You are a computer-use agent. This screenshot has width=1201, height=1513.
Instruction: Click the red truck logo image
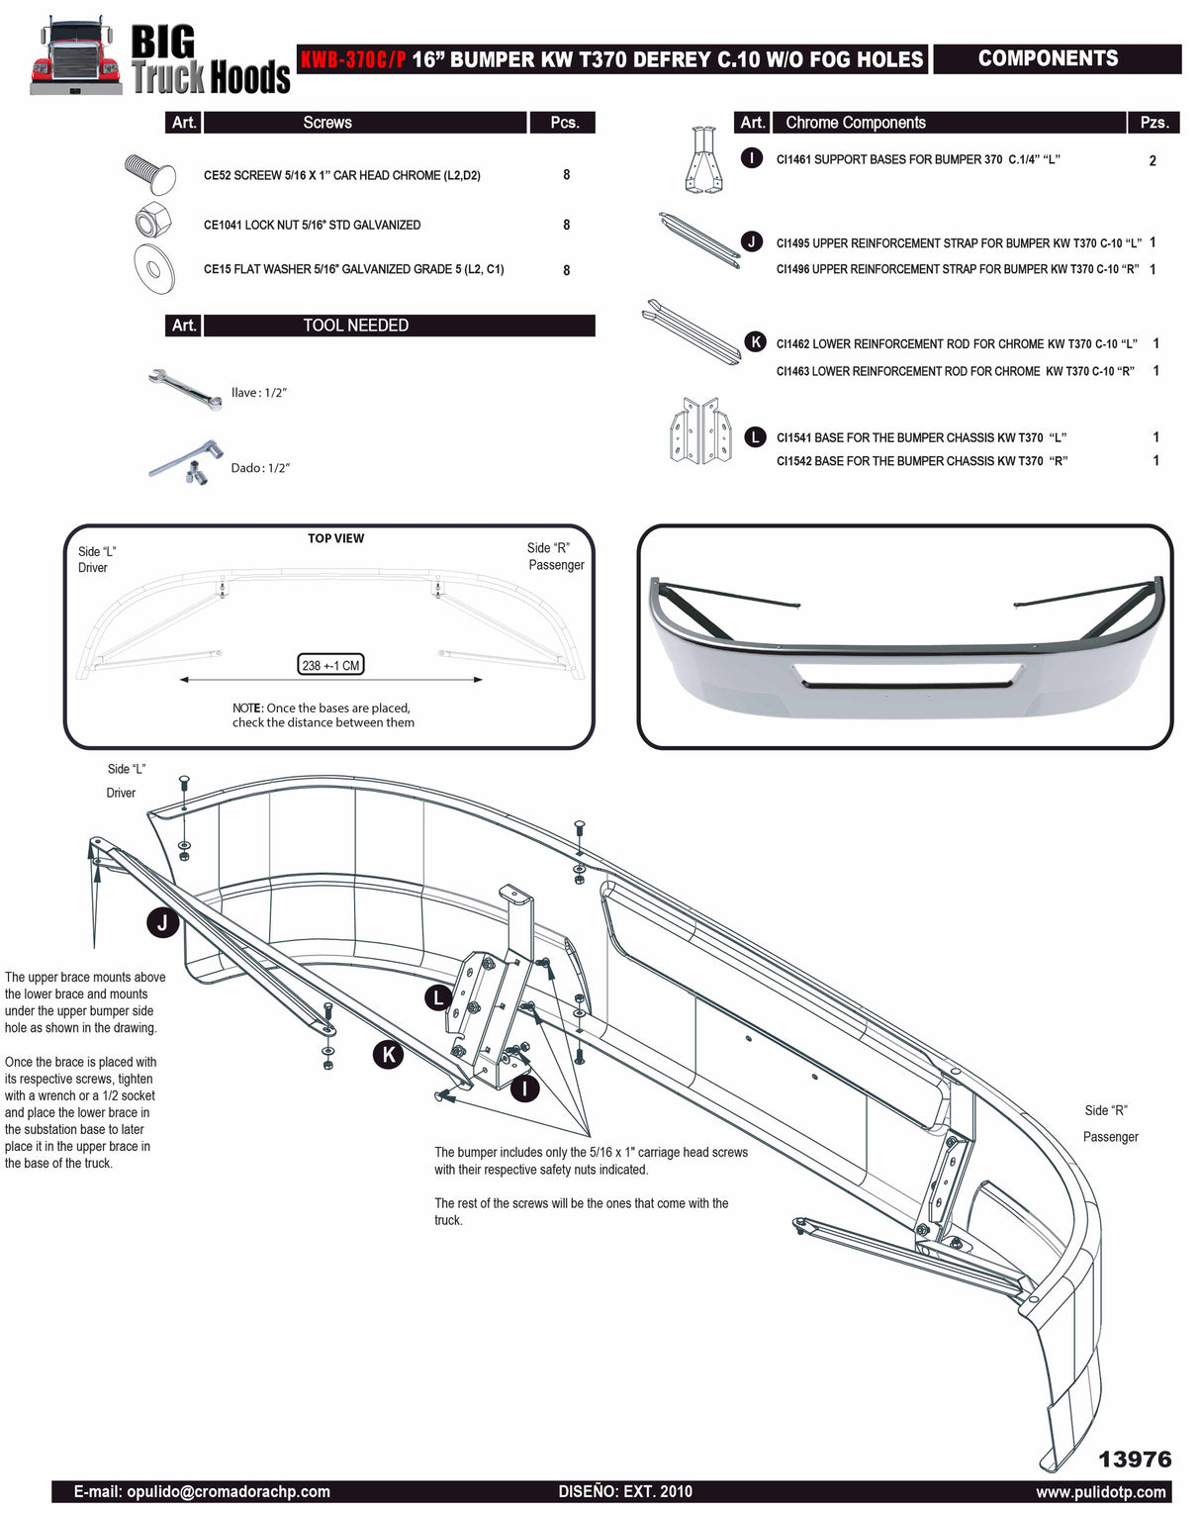(x=74, y=57)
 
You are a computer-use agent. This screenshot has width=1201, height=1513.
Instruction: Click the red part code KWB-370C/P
(x=353, y=59)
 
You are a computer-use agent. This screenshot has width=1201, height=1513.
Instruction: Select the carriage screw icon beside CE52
(x=150, y=173)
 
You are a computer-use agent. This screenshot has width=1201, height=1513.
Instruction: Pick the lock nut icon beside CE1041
(x=154, y=220)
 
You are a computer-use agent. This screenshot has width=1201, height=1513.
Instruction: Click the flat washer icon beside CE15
(x=154, y=268)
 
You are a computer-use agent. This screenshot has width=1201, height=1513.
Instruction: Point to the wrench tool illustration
(x=184, y=388)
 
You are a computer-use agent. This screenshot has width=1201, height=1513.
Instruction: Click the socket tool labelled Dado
(x=186, y=463)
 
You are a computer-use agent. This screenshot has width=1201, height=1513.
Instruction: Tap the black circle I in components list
(x=752, y=158)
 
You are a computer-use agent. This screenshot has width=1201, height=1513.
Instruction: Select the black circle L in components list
(x=755, y=436)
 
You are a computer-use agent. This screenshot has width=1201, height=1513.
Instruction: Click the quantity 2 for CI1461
(x=1153, y=160)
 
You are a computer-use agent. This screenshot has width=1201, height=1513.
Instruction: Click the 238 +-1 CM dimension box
(x=330, y=665)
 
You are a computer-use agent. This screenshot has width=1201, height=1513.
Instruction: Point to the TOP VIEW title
(x=335, y=538)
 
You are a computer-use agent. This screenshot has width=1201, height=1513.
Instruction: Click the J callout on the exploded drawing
(x=162, y=922)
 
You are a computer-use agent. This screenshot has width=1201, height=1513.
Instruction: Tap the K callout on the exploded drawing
(x=388, y=1055)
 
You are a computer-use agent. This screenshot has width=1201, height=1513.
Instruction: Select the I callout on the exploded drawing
(x=524, y=1088)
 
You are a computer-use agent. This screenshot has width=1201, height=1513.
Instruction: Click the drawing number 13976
(x=1134, y=1459)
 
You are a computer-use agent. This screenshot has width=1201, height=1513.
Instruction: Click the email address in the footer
(x=202, y=1491)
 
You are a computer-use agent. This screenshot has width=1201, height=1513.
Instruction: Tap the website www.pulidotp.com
(x=1101, y=1491)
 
